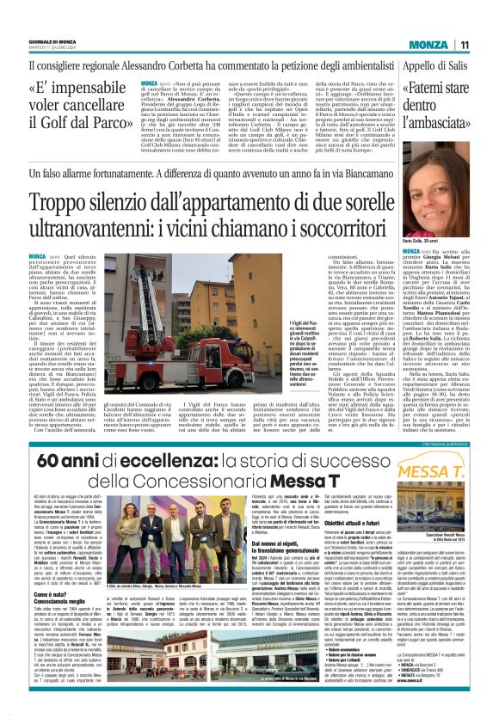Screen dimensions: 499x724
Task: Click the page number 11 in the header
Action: click(487, 44)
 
